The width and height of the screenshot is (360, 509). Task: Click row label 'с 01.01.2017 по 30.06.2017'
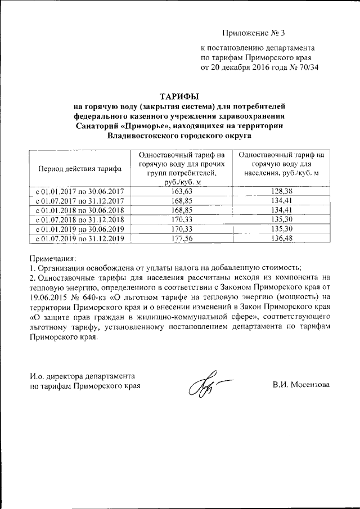79,191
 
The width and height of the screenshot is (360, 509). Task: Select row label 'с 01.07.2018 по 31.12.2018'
79,219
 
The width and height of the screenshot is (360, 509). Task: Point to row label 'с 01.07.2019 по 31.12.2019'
79,238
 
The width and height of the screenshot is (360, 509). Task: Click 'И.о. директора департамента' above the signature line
82,375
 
